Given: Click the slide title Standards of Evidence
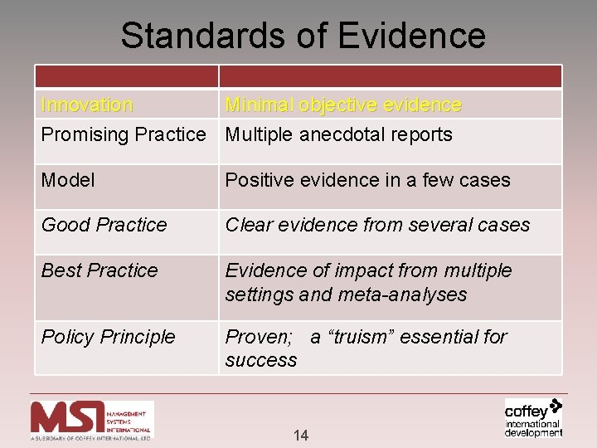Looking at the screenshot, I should (303, 36).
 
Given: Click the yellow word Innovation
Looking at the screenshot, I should (86, 105).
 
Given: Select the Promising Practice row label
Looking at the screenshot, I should (123, 134).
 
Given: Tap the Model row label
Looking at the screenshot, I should (68, 180).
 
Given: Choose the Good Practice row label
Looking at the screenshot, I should (104, 225).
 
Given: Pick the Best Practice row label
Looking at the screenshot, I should (99, 270).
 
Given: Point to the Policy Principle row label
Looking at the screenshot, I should (108, 337).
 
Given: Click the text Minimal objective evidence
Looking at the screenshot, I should (343, 105).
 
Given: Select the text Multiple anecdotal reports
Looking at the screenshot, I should (338, 134).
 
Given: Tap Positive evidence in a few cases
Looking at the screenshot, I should (367, 180).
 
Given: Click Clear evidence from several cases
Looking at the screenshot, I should (377, 225).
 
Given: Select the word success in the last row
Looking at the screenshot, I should (260, 360).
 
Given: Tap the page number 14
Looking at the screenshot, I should (300, 436).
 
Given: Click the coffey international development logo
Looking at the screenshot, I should (533, 417).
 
